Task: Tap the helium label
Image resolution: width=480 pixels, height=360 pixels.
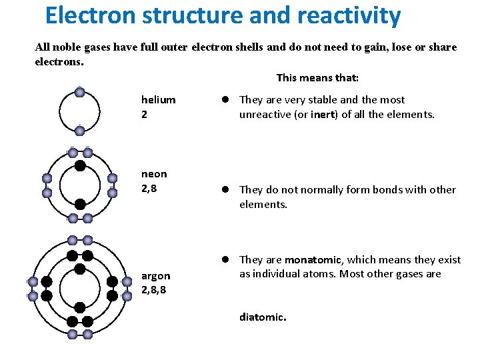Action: pos(158,100)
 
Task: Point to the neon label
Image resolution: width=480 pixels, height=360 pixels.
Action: pos(154,174)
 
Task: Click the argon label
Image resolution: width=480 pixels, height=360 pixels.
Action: pos(155,276)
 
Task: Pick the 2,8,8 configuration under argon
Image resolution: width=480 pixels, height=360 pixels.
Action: pos(155,290)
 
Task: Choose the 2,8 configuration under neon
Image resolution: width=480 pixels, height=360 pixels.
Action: pos(150,188)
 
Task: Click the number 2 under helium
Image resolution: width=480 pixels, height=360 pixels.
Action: pos(144,114)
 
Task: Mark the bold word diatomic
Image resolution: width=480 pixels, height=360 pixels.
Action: pos(262,317)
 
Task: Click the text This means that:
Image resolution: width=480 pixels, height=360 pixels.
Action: pos(317,78)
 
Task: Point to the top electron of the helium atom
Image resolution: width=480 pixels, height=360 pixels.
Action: pos(79,93)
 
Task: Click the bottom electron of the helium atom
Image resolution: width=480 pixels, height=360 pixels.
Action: pos(79,131)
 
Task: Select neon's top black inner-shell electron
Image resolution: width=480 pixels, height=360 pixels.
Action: pos(79,166)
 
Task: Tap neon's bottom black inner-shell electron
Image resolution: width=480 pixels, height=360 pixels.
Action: pos(79,204)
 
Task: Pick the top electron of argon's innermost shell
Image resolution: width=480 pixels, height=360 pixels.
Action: pos(79,269)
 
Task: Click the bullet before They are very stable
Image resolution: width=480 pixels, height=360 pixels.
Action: pos(226,100)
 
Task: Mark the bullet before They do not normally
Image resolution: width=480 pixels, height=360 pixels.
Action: pos(226,190)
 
